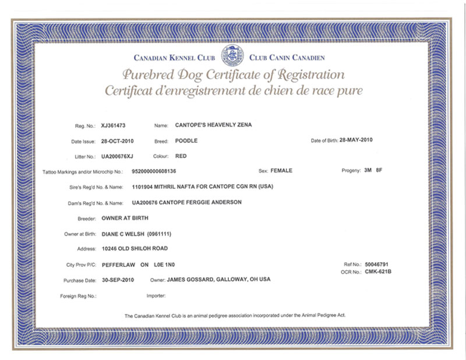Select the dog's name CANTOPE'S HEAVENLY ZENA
[213, 125]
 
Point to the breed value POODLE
[186, 141]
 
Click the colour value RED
[181, 157]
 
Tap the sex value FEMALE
[281, 171]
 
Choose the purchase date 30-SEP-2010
[118, 280]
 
